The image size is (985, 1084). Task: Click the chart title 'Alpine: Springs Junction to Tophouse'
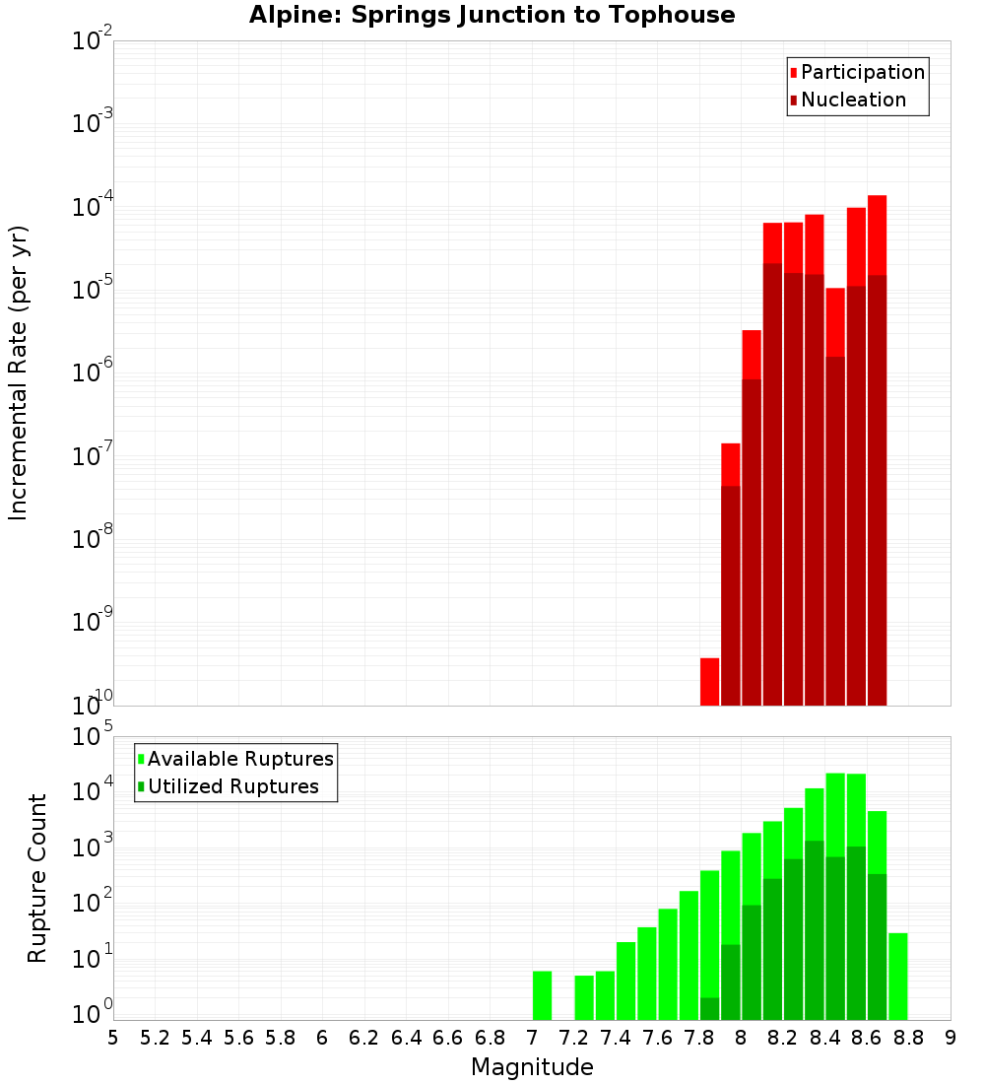(x=492, y=15)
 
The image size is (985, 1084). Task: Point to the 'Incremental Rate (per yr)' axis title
(x=19, y=373)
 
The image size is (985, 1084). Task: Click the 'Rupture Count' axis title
(x=37, y=878)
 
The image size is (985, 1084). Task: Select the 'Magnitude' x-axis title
(x=532, y=1067)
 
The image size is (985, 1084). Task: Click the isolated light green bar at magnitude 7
(x=542, y=995)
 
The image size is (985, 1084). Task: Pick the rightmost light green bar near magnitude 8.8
(x=897, y=976)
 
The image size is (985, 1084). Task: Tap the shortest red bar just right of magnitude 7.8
(x=709, y=681)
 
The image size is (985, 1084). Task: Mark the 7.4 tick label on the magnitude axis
(x=616, y=1038)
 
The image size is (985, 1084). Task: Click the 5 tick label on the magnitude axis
(x=113, y=1038)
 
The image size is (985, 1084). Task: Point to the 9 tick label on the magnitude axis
(x=951, y=1038)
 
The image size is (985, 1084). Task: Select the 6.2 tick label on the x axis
(x=364, y=1038)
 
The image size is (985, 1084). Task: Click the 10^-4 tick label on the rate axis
(x=93, y=206)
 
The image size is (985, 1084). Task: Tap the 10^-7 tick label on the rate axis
(x=93, y=455)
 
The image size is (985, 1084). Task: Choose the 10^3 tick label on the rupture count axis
(x=93, y=847)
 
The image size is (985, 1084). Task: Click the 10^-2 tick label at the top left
(x=93, y=40)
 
